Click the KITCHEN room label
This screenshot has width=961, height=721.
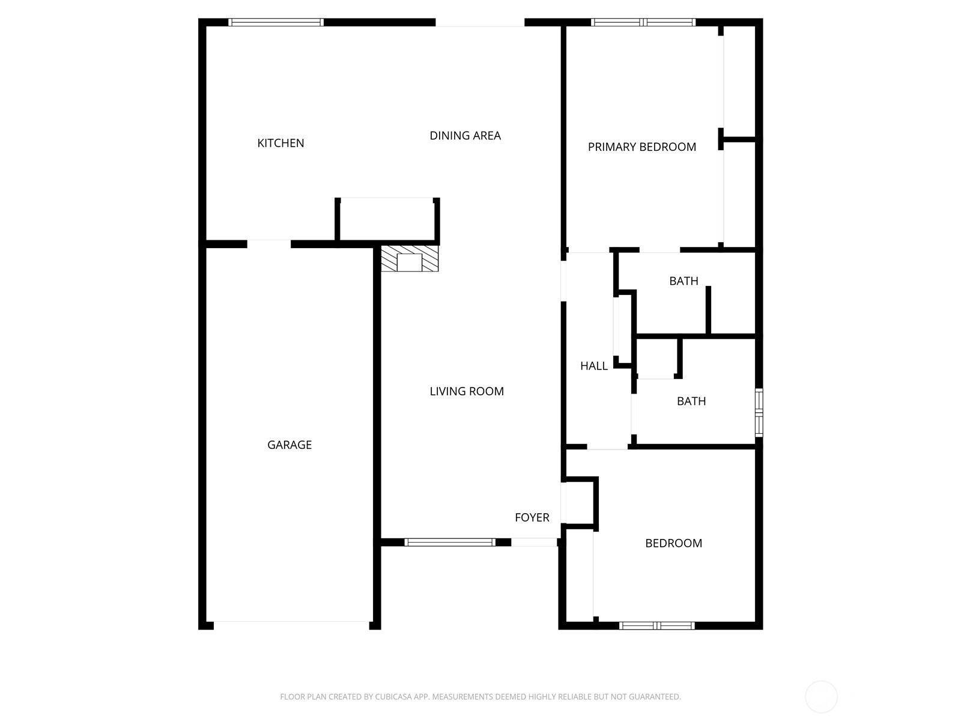[x=280, y=143]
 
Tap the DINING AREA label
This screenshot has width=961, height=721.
[x=465, y=136]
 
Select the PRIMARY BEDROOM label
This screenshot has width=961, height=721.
[x=641, y=147]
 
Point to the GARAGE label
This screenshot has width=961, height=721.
[x=290, y=445]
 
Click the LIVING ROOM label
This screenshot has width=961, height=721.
[x=467, y=392]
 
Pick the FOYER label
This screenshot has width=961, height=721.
[x=532, y=518]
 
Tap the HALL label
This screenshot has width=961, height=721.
[x=593, y=366]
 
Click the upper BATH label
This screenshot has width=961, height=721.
[x=684, y=281]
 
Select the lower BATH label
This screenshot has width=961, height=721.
[x=691, y=401]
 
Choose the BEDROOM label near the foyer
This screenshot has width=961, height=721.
[x=673, y=544]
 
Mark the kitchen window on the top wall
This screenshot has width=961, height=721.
[x=276, y=23]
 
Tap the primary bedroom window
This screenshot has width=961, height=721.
[x=643, y=23]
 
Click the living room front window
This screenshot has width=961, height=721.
[x=450, y=543]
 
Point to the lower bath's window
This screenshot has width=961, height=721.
[x=759, y=412]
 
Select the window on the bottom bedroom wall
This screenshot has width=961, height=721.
[x=656, y=626]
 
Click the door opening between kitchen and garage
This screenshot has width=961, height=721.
[x=268, y=244]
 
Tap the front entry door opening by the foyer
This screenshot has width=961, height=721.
[x=534, y=543]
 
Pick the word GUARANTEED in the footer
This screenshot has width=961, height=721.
[x=654, y=697]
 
